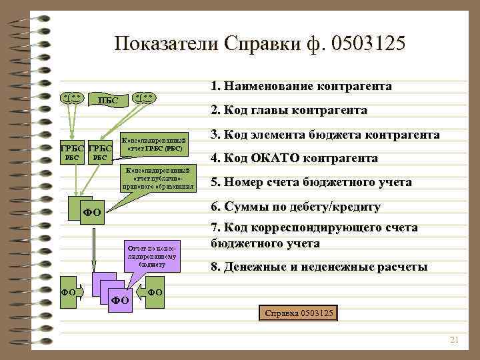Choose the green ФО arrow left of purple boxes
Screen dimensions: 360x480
pyautogui.click(x=70, y=292)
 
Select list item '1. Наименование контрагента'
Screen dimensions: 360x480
pyautogui.click(x=301, y=87)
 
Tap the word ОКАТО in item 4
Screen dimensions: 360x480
pyautogui.click(x=280, y=158)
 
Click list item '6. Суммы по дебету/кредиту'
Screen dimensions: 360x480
pyautogui.click(x=295, y=207)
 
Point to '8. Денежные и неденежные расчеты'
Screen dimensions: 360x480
pyautogui.click(x=319, y=267)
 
